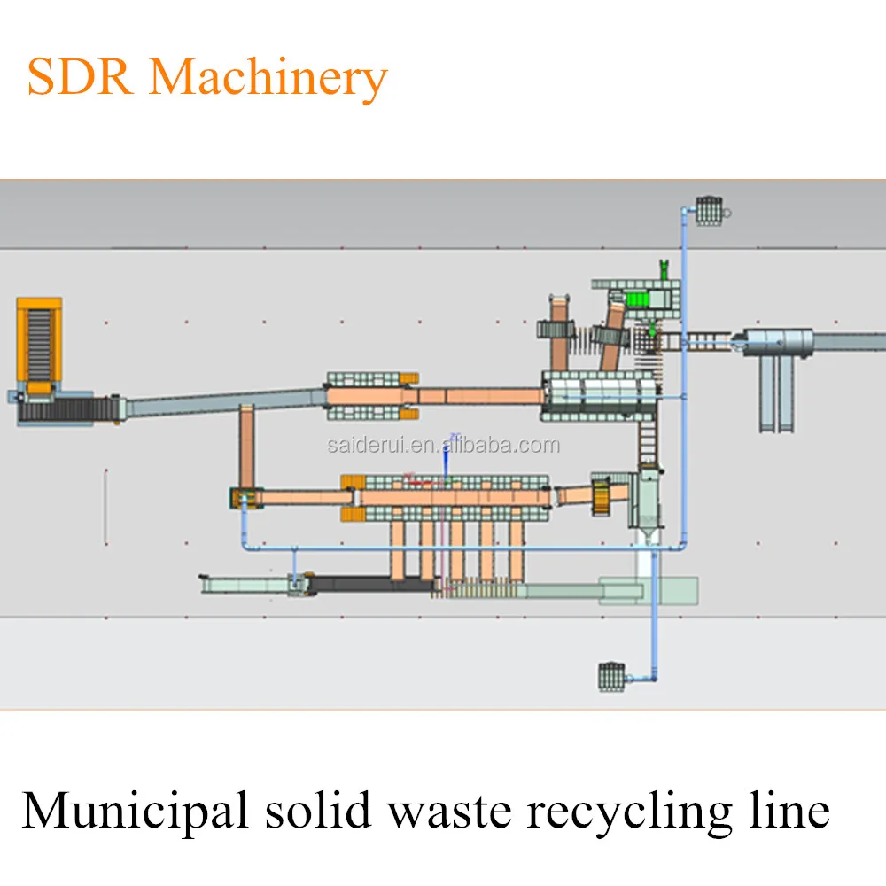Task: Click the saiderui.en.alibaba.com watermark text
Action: [443, 445]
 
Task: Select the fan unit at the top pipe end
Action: [710, 211]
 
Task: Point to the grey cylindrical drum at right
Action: [777, 341]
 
